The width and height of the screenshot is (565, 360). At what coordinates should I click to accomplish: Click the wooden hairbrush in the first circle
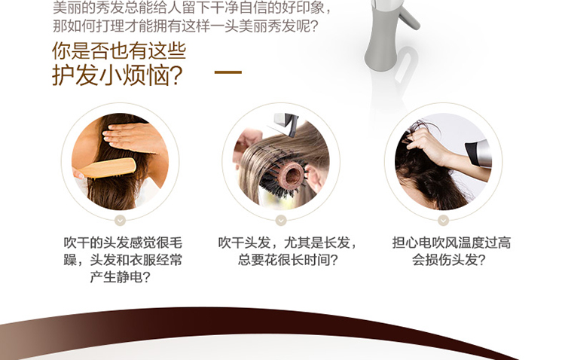pos(108,168)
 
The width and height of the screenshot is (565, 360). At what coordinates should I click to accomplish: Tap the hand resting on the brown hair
pos(133,138)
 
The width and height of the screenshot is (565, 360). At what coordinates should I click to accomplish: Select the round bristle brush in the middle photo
pos(286,177)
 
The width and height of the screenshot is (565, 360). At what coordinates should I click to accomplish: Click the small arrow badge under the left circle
pos(120,220)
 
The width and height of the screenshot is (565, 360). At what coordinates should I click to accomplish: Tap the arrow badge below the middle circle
pos(281,220)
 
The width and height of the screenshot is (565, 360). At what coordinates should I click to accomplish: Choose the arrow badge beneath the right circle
pos(443,220)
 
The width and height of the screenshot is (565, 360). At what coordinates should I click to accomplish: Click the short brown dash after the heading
pos(228,72)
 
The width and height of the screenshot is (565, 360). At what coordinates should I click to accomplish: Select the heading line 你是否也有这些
pos(119,50)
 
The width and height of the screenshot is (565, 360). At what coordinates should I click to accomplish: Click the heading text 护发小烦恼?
pos(118,75)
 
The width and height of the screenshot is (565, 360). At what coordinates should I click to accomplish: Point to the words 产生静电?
pos(120,276)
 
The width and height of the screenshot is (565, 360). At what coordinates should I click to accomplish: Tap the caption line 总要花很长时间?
pos(288,260)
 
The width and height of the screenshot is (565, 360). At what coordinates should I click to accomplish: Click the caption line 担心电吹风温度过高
pos(451,243)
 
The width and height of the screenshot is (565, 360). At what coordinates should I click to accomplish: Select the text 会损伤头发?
pos(449,260)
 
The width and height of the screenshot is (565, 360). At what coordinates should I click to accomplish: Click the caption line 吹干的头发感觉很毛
pos(123,243)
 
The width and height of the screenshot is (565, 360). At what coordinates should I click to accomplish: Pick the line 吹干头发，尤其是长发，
pos(288,243)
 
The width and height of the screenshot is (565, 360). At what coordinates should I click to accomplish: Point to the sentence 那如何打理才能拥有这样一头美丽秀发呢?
pos(185,26)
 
